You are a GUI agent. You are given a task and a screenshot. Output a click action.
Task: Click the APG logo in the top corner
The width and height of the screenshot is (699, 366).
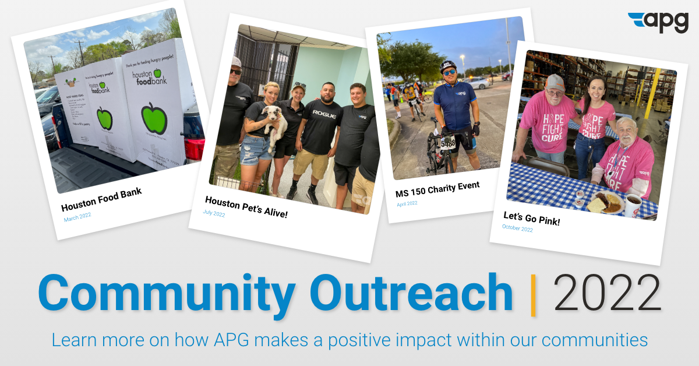point(658,22)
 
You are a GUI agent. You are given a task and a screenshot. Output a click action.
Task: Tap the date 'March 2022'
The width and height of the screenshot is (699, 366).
point(77,217)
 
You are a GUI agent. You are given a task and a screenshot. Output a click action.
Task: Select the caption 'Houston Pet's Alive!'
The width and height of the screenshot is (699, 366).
point(246,207)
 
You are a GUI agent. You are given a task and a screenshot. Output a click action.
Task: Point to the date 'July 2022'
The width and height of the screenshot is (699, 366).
point(214,213)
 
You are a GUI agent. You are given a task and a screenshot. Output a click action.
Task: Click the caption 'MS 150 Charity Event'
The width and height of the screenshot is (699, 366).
point(438,189)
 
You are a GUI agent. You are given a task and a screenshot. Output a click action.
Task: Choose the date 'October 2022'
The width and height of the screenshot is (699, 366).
point(517,229)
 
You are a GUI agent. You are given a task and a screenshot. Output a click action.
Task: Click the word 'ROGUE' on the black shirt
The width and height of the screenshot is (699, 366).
point(324,113)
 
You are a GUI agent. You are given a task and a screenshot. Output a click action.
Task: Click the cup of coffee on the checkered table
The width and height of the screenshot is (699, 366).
point(633,204)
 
